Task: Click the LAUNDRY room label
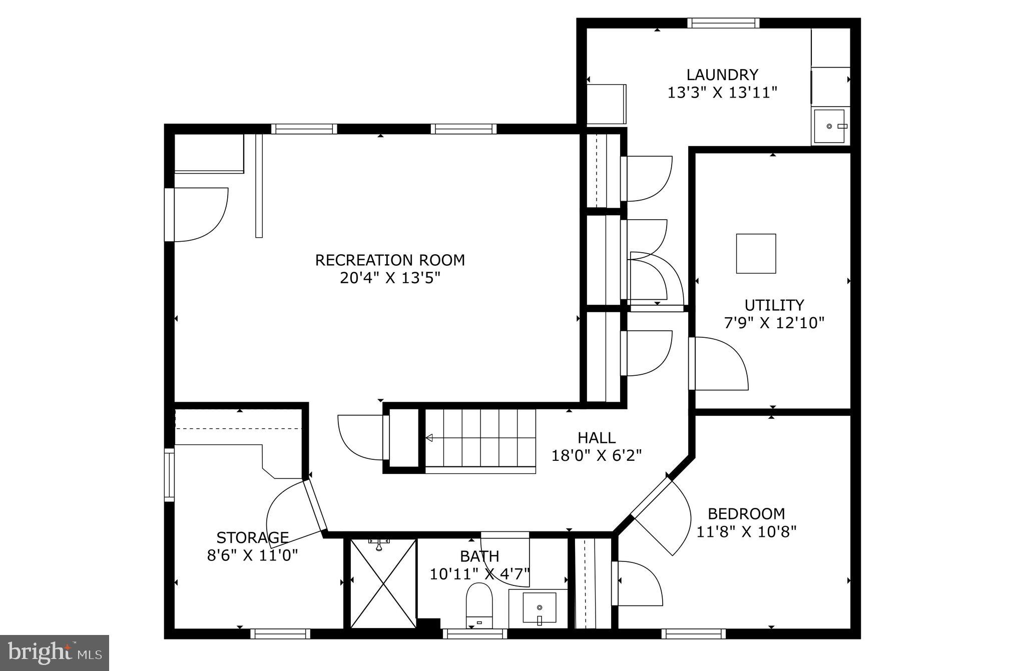tap(722, 75)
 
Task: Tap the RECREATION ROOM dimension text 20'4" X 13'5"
tap(390, 278)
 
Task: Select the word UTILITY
tap(774, 305)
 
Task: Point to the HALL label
tap(596, 438)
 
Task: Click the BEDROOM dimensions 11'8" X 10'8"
tap(746, 531)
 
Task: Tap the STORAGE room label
tap(252, 538)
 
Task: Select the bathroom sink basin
tap(539, 607)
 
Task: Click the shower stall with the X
tap(383, 583)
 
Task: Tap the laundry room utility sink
tap(829, 127)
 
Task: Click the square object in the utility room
tap(756, 254)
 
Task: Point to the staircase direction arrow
tap(429, 438)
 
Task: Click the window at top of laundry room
tap(723, 23)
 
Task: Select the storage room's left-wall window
tap(170, 475)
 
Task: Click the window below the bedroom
tap(693, 633)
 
